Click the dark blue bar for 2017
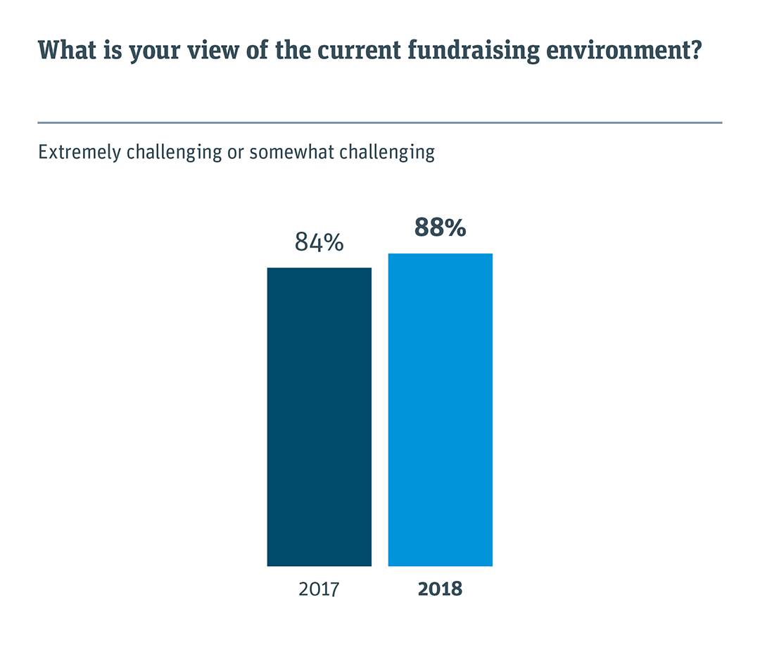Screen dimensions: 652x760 tap(319, 416)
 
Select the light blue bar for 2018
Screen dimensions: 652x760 tap(440, 409)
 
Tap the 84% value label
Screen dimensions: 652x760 tap(319, 244)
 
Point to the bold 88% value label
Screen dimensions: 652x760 tap(440, 228)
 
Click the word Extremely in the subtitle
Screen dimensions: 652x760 tap(80, 152)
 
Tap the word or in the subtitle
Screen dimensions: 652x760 tap(234, 152)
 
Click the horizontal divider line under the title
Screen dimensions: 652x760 tap(380, 123)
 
